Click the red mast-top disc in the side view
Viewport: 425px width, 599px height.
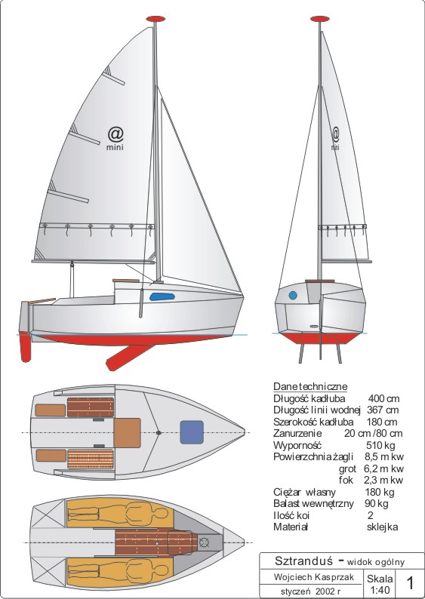156,19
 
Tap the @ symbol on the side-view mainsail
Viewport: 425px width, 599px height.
115,134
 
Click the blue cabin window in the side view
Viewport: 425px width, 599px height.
162,296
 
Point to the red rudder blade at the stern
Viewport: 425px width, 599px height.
25,346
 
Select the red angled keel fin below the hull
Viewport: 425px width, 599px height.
130,357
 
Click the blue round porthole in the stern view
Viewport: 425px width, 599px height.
293,295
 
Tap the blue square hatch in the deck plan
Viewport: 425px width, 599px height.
192,432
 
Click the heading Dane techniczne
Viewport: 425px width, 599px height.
310,386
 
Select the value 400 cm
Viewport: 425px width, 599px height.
383,399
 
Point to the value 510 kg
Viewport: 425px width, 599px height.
380,445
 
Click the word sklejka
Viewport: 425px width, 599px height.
382,527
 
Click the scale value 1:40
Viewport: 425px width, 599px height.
380,590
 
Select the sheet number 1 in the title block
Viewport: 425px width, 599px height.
410,583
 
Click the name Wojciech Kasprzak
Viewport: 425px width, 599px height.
314,577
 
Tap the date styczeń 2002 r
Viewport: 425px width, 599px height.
310,591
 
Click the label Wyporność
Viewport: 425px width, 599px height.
297,446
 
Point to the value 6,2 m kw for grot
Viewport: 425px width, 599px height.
383,468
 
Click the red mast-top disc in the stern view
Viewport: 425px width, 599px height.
320,19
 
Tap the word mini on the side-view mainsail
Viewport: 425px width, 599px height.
115,147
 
